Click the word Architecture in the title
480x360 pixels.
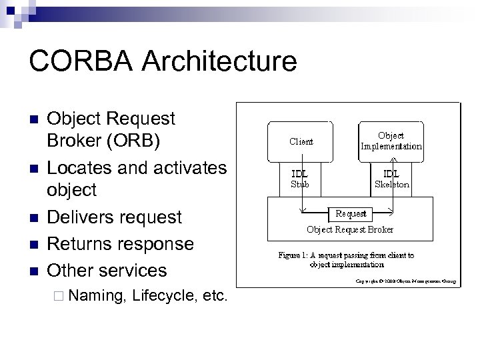pos(219,61)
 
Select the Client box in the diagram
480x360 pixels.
pos(301,141)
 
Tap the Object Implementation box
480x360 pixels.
pos(391,141)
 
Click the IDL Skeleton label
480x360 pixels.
pos(391,179)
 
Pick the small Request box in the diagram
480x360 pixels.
pos(351,214)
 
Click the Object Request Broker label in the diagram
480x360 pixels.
pos(350,229)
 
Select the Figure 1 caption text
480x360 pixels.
pos(346,259)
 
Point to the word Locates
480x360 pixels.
pos(79,167)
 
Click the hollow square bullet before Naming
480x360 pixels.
pos(58,295)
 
